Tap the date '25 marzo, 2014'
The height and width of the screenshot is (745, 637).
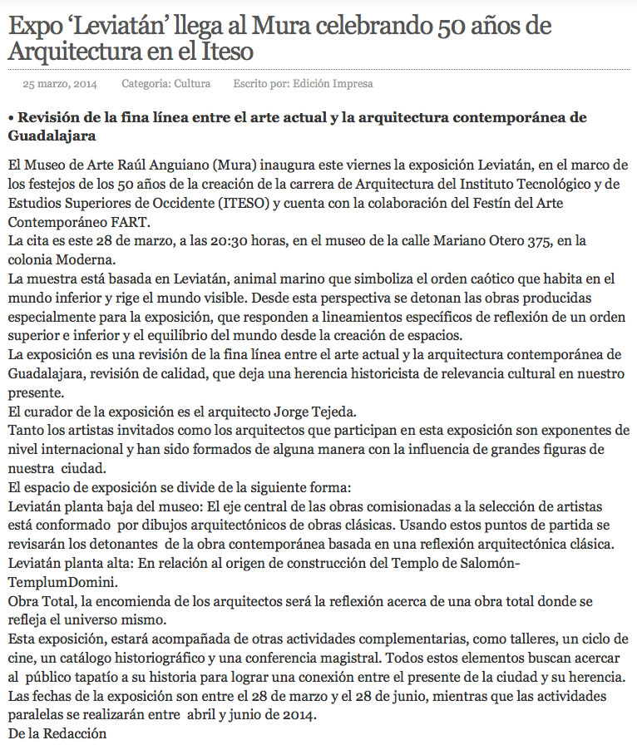[59, 84]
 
